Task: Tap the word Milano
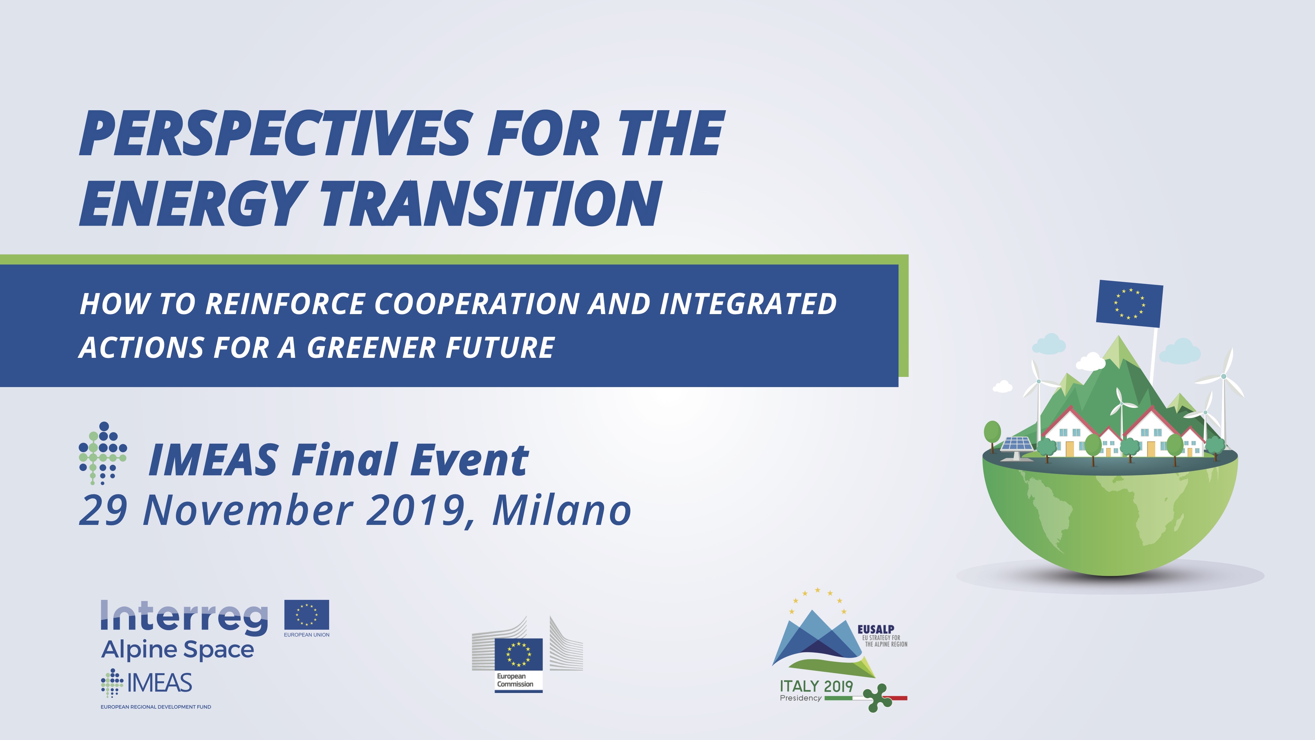[562, 510]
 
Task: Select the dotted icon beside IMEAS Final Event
[103, 453]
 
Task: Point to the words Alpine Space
[177, 650]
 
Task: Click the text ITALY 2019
[816, 686]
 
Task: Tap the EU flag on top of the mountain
[1129, 303]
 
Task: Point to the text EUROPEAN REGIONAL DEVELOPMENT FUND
[156, 707]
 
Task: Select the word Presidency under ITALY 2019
[800, 699]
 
